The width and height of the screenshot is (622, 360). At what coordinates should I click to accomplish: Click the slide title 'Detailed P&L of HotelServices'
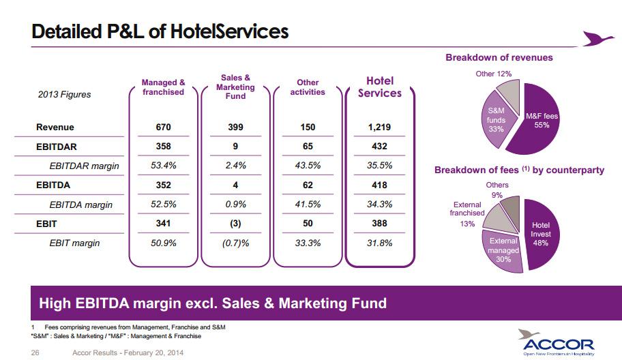click(160, 31)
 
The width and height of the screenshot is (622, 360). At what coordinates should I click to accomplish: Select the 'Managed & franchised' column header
click(163, 87)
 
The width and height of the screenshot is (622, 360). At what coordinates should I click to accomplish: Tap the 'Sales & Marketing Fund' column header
click(235, 87)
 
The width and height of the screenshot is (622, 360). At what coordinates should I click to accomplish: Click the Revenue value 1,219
click(380, 127)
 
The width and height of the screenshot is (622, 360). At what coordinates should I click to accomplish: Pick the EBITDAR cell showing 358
click(163, 147)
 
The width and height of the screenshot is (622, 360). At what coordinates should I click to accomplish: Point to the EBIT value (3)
click(235, 224)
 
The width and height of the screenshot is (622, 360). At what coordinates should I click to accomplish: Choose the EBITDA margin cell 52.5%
click(163, 205)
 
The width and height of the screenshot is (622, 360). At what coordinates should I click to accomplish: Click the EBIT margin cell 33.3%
click(308, 243)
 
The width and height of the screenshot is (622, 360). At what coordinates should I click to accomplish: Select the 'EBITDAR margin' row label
click(84, 166)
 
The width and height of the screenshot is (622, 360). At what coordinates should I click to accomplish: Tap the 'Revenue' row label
click(55, 127)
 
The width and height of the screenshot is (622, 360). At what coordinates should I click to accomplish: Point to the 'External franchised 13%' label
click(466, 213)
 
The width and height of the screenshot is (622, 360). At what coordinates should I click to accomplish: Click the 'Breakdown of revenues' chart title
click(499, 58)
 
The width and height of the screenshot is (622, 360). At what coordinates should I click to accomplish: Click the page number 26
click(36, 352)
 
